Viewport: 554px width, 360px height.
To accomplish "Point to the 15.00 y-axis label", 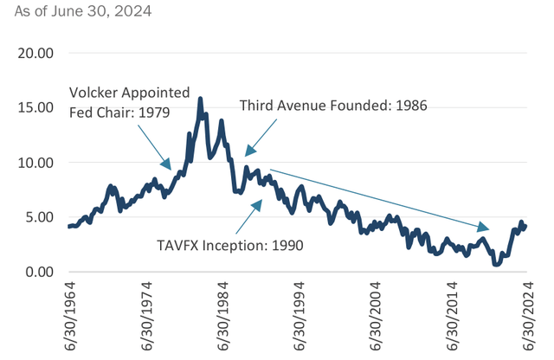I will pyautogui.click(x=35, y=107).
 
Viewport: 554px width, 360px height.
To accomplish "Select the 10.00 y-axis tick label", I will pyautogui.click(x=35, y=162).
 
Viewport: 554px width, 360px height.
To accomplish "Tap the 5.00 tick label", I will pyautogui.click(x=38, y=217).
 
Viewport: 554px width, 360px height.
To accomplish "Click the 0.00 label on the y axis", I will pyautogui.click(x=38, y=272).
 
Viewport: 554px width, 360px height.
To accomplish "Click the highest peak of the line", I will pyautogui.click(x=201, y=100).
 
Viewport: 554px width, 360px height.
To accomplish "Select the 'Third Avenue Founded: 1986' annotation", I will pyautogui.click(x=333, y=105).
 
